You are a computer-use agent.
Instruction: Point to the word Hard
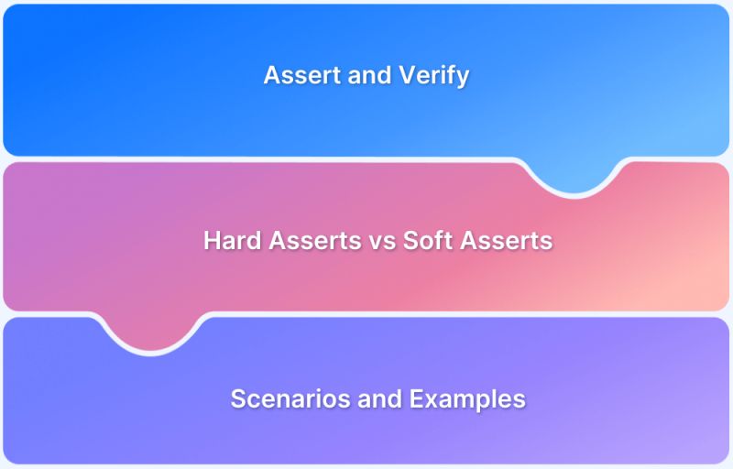click(x=229, y=241)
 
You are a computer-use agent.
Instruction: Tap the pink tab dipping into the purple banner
click(x=151, y=334)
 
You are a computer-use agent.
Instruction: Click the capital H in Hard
click(x=211, y=241)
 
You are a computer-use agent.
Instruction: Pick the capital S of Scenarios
click(x=237, y=398)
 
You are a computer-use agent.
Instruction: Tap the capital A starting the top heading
click(x=271, y=75)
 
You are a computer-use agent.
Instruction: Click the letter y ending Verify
click(x=463, y=78)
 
